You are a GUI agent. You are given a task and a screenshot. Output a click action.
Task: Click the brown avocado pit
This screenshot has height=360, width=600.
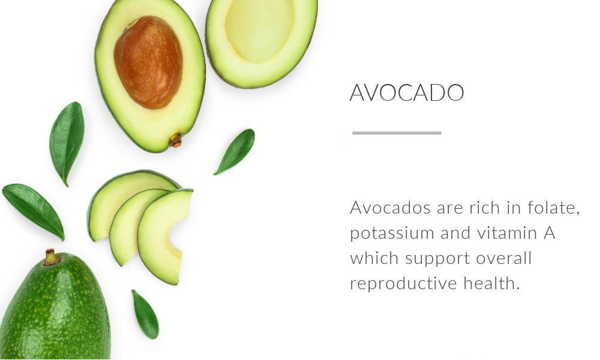pos(148,62)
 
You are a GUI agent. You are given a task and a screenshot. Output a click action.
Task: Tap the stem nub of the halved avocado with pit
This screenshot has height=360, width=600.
pos(175,140)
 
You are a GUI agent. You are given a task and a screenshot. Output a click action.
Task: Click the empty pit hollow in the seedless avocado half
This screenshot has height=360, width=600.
pos(260,30)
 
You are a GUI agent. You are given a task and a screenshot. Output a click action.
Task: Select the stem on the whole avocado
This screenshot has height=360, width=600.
pos(50,257)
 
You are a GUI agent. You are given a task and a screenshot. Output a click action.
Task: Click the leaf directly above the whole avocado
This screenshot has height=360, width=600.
pos(34,211)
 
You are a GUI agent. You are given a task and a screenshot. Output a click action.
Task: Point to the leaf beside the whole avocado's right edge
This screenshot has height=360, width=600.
pos(145,314)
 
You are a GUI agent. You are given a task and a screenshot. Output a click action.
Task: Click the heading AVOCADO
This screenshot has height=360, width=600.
pos(407,92)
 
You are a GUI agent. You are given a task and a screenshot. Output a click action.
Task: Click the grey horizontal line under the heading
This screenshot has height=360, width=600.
pos(397,133)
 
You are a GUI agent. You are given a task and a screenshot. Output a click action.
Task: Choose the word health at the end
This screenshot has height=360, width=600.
pos(492,283)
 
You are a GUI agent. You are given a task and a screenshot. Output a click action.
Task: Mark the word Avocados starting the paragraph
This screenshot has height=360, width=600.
pos(391,208)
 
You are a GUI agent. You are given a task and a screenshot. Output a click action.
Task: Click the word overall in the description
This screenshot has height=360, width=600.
pos(504,258)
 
